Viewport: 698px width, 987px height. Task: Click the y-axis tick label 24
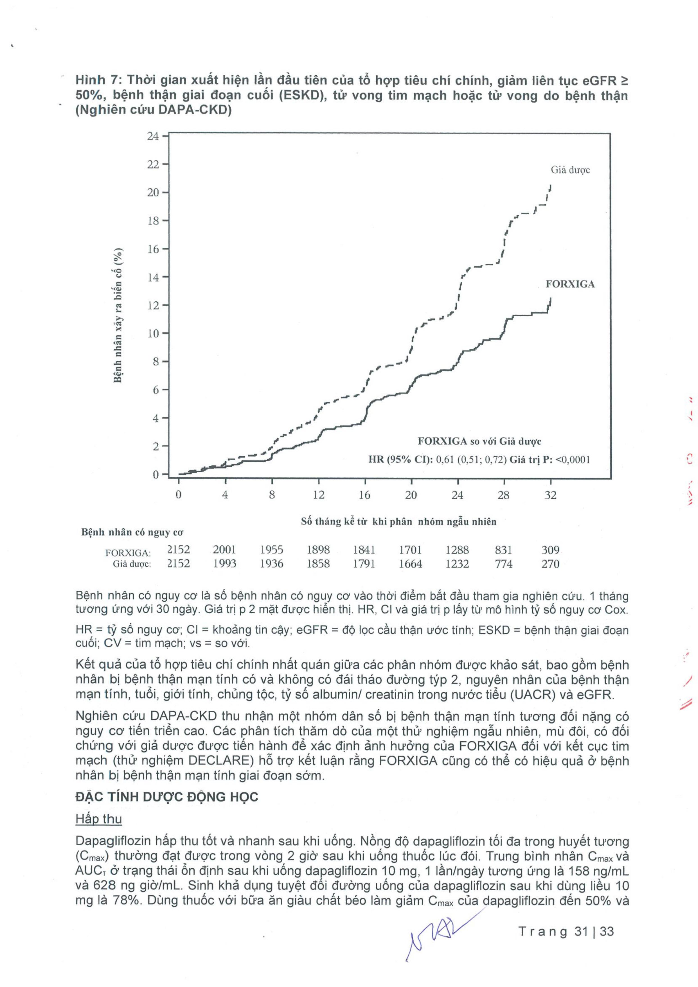point(153,136)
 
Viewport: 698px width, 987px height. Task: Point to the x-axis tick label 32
point(550,495)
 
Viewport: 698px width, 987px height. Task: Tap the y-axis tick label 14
point(153,277)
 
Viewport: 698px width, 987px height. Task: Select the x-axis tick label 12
point(318,495)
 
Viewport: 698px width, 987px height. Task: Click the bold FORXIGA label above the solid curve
point(570,284)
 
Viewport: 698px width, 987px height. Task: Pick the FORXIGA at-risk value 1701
point(411,550)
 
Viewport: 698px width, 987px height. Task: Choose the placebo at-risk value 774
point(504,564)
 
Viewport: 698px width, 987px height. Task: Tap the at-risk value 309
point(550,550)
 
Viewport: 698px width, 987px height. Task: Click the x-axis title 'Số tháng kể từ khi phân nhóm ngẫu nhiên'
point(399,522)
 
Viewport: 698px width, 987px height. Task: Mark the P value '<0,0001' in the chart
point(572,460)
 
